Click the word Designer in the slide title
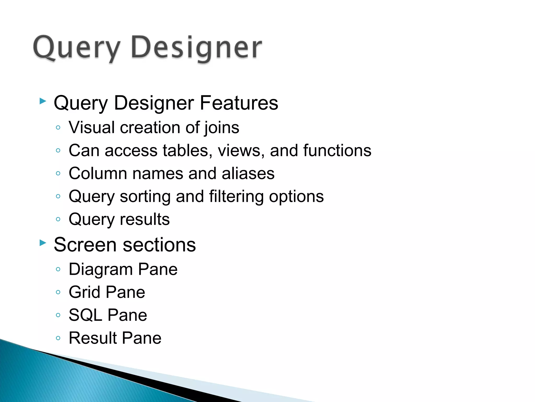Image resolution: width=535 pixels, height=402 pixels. [196, 48]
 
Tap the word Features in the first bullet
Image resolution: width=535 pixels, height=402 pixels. [239, 103]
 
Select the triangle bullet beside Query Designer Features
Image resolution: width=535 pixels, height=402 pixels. [43, 101]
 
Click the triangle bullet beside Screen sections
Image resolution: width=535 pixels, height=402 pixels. [43, 243]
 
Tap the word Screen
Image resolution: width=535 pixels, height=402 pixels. [85, 245]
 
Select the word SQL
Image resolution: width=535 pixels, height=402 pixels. [85, 315]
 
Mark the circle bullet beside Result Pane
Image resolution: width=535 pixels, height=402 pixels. [58, 338]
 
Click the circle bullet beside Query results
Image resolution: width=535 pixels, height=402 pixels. [58, 219]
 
